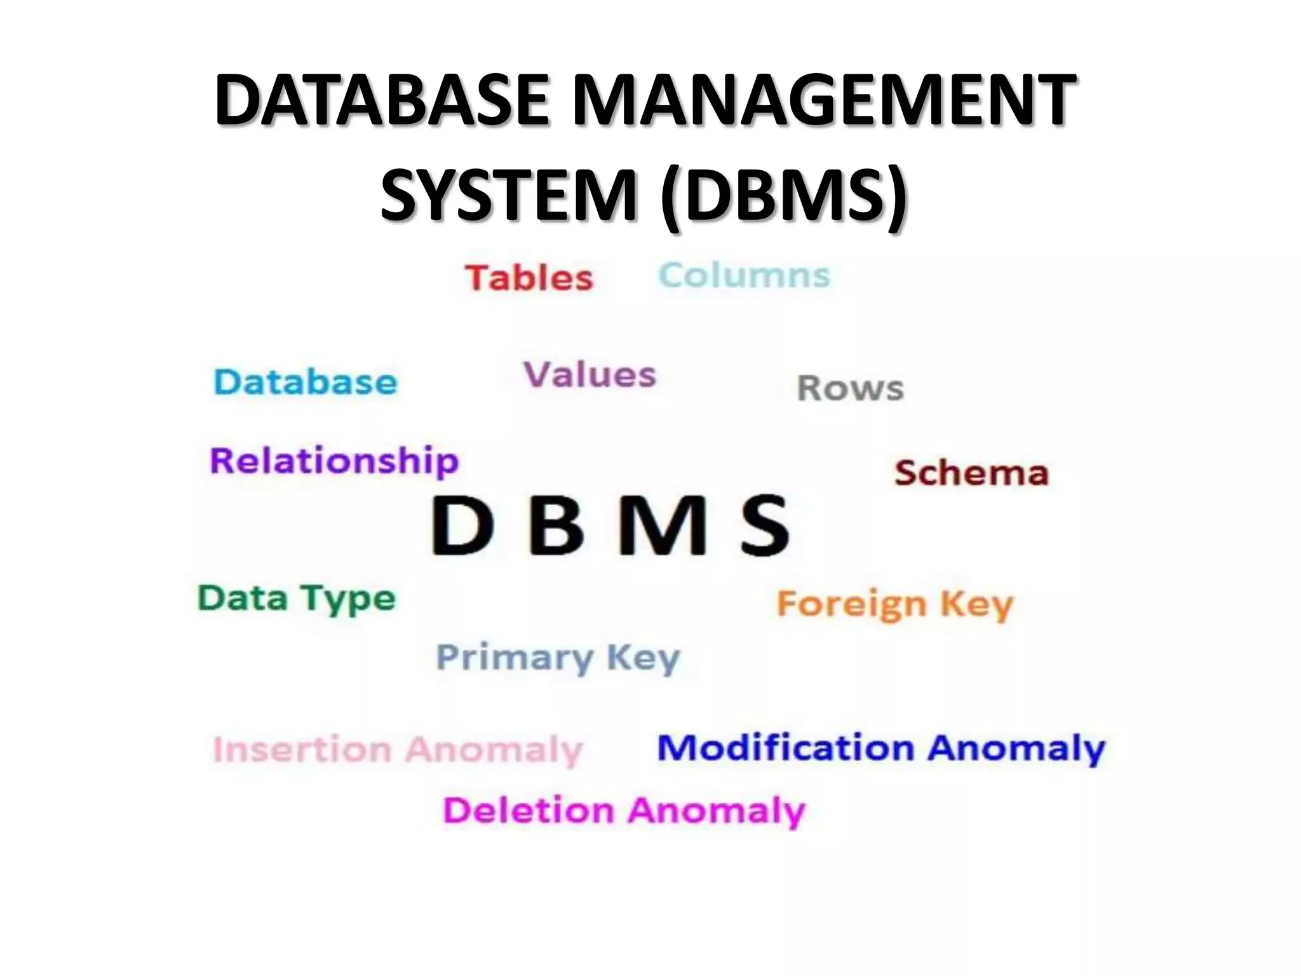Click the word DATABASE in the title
pos(381,100)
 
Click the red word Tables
pos(529,278)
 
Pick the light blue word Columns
pos(745,276)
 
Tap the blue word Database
pos(306,382)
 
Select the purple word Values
pos(590,374)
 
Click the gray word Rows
pos(850,388)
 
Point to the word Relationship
pos(334,461)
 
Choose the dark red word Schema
pos(971,473)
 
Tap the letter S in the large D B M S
pos(766,526)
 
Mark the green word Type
pos(347,599)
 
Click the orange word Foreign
pos(852,604)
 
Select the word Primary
pos(515,658)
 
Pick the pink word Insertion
pos(302,750)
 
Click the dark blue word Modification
pos(785,748)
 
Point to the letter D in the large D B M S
pos(462,526)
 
